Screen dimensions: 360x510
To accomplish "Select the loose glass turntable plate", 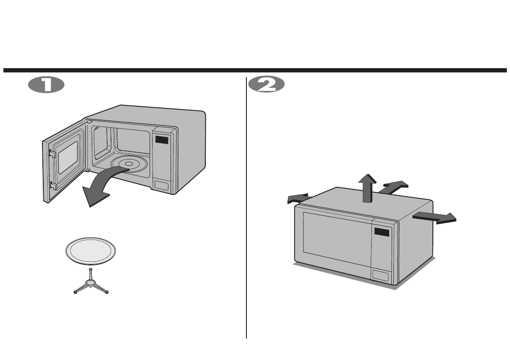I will tap(90, 251).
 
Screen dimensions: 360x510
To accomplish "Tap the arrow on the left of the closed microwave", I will tap(297, 199).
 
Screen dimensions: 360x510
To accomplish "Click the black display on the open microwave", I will tap(162, 140).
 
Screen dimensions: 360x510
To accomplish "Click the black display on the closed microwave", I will tap(382, 232).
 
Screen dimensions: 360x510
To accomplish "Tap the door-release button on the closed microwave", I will tap(381, 276).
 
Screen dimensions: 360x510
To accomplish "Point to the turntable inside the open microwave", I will tap(129, 164).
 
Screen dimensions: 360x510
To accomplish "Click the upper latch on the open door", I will tap(51, 152).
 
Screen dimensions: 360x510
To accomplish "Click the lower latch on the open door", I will tap(52, 185).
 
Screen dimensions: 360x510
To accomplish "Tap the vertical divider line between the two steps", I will tap(246, 214).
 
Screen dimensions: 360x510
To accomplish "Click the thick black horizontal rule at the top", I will tap(255, 70).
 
